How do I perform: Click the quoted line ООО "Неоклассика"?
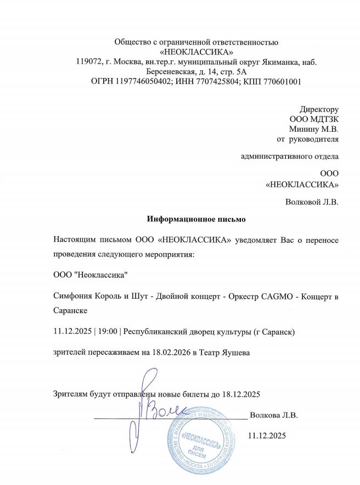pyautogui.click(x=92, y=274)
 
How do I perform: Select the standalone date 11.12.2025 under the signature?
pyautogui.click(x=267, y=436)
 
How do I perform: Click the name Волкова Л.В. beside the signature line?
pyautogui.click(x=273, y=415)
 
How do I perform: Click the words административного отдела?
pyautogui.click(x=290, y=156)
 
